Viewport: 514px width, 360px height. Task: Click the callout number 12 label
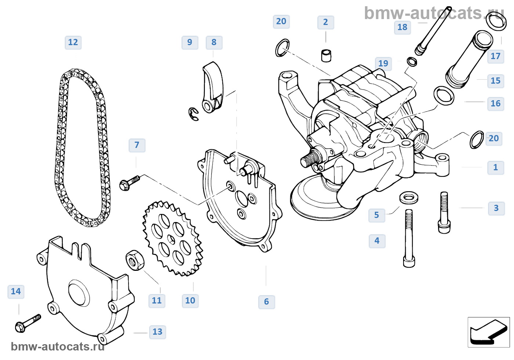tap(73, 42)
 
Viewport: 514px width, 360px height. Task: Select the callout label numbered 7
tap(137, 145)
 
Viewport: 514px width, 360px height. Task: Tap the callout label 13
tap(157, 332)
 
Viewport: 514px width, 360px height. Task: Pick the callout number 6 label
tap(266, 302)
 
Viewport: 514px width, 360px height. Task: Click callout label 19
tap(383, 63)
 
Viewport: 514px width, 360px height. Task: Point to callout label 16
tap(495, 103)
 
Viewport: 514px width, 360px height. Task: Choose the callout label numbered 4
tap(377, 241)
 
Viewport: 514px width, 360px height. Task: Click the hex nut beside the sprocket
tap(135, 260)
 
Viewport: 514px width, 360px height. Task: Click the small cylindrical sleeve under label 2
tap(326, 55)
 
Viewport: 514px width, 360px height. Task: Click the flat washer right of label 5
tap(409, 197)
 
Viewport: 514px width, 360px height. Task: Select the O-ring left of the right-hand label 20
tap(477, 139)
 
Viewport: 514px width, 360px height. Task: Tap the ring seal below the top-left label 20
tap(282, 48)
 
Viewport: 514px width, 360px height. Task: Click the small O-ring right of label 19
tap(412, 61)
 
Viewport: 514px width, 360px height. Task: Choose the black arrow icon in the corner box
tap(488, 332)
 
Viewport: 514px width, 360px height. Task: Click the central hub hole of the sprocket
tap(171, 239)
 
